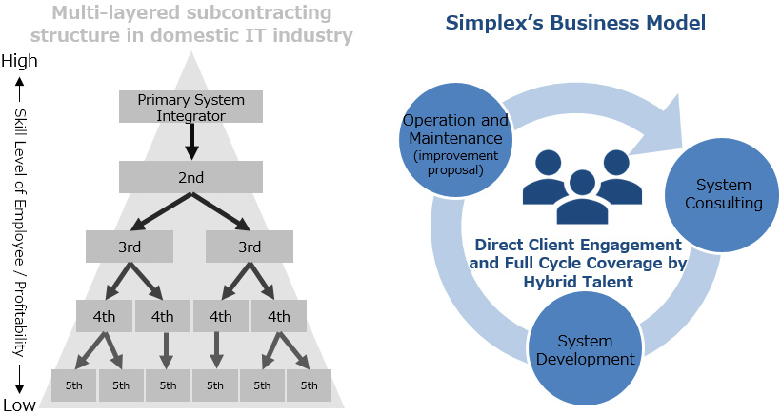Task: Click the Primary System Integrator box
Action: click(190, 107)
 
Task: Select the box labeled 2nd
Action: click(190, 177)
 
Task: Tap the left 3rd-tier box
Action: click(130, 247)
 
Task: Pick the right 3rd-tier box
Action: click(249, 247)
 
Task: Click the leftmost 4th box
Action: click(104, 316)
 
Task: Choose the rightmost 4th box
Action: click(278, 316)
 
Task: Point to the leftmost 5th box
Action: click(73, 385)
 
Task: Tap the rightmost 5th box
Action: click(309, 385)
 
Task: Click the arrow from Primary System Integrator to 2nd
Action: click(190, 141)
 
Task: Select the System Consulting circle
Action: click(722, 194)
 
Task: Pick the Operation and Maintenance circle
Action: click(456, 140)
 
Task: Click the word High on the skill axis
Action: click(19, 61)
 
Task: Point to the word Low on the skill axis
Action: click(19, 405)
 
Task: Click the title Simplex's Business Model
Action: click(575, 23)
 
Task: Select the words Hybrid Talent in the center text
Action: click(578, 282)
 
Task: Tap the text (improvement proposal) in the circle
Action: click(456, 163)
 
